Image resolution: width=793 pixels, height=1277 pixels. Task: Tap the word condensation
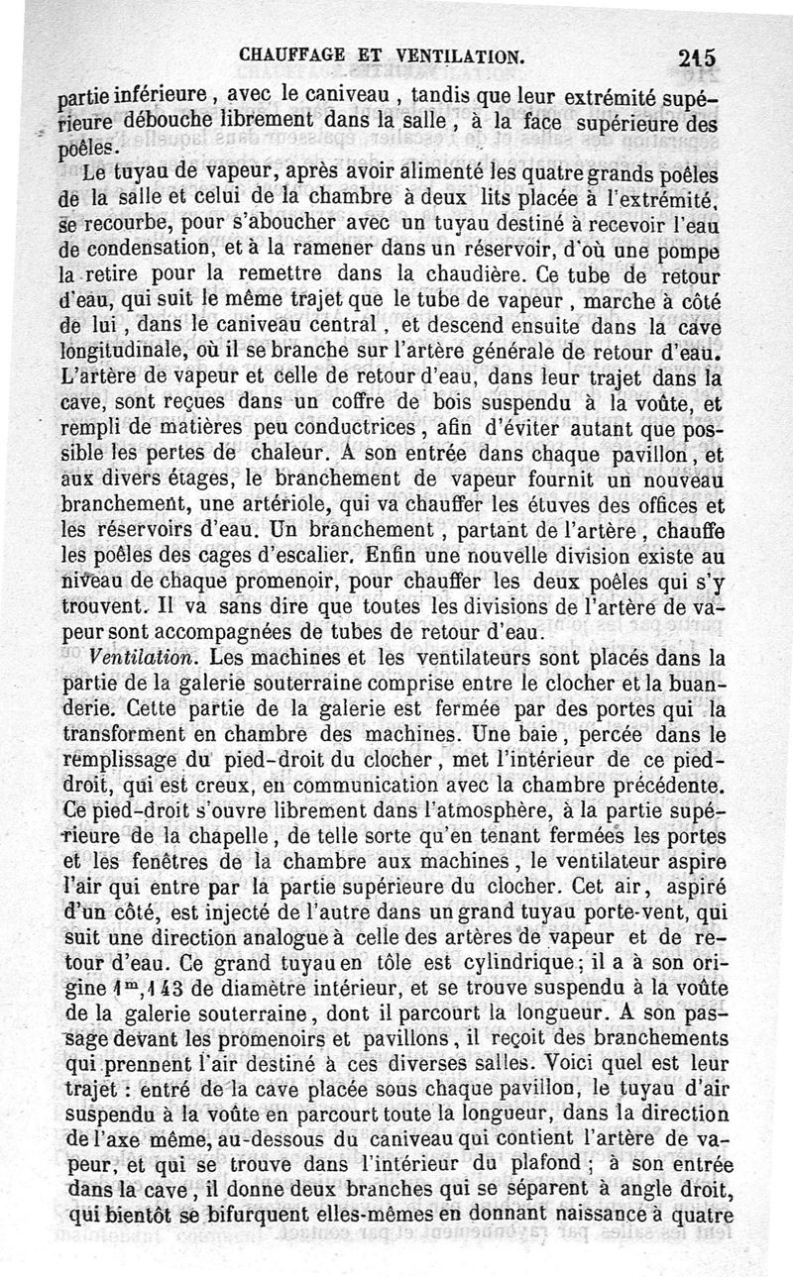(144, 246)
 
